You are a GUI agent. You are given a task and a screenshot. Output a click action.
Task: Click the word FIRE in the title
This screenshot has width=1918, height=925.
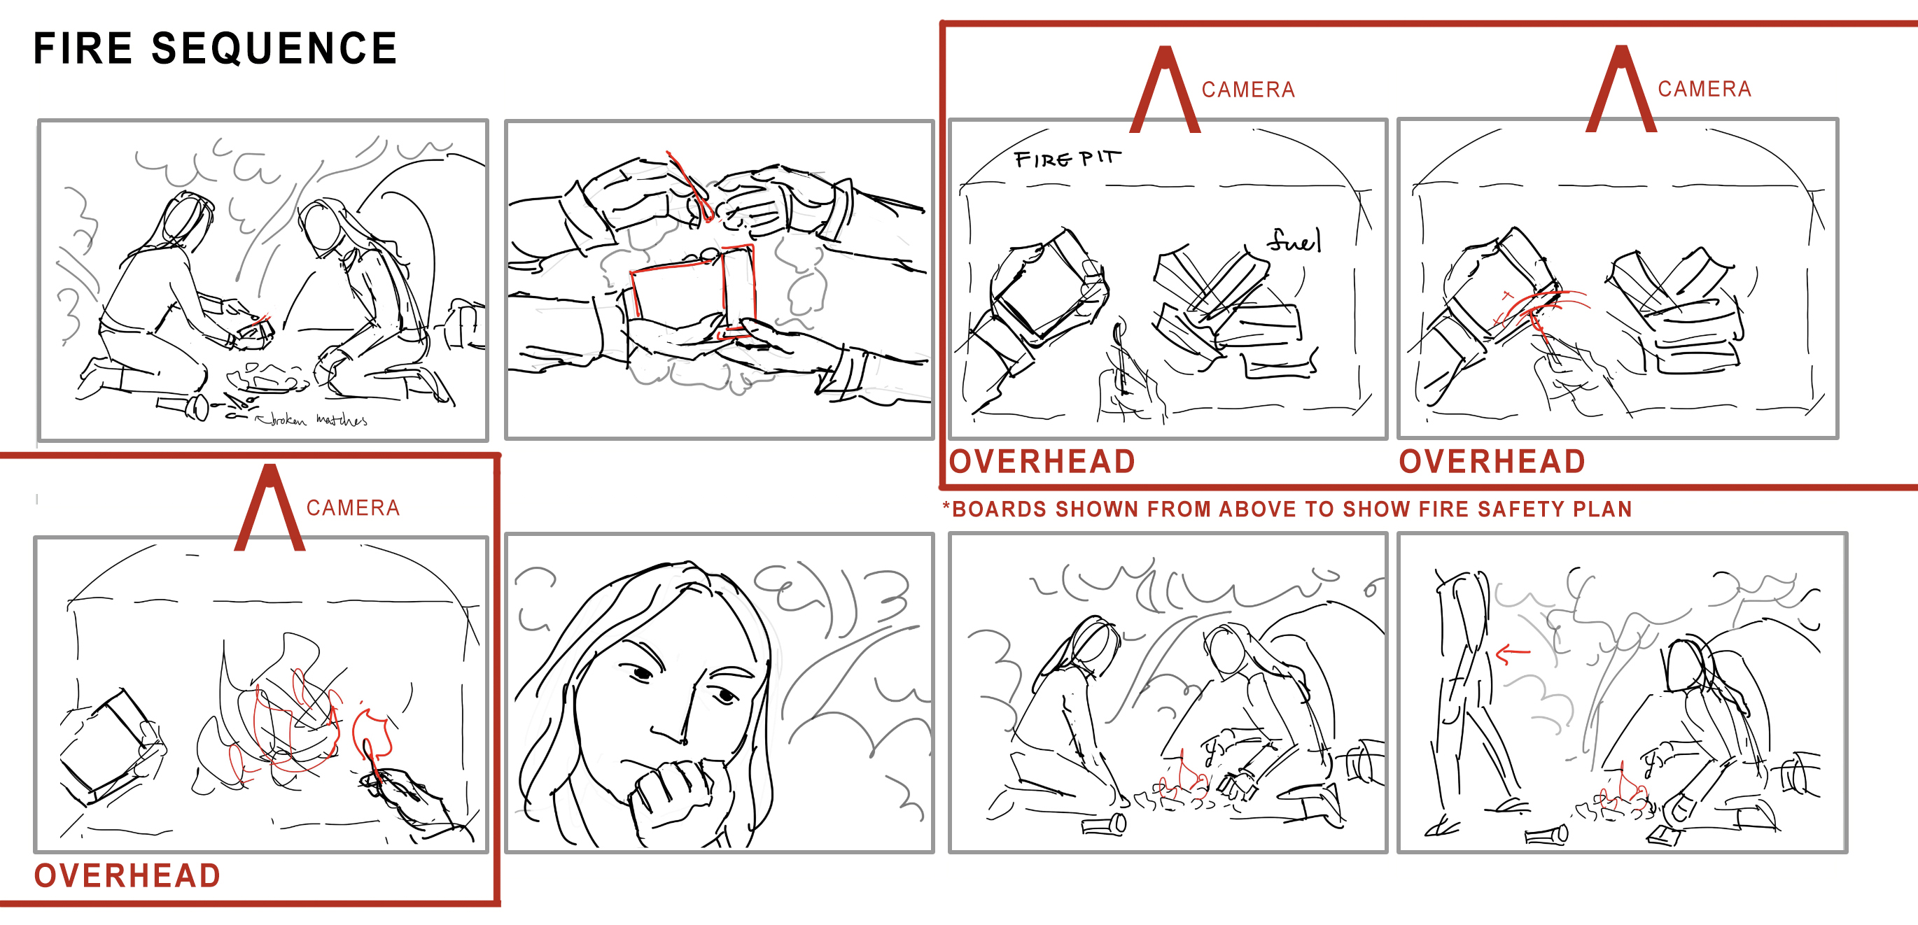(83, 49)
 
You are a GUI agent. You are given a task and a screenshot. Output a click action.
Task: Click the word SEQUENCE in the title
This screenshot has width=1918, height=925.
(274, 49)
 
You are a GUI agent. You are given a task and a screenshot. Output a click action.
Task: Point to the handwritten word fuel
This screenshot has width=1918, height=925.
(1294, 241)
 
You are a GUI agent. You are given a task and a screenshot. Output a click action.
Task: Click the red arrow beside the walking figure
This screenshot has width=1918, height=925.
(1513, 654)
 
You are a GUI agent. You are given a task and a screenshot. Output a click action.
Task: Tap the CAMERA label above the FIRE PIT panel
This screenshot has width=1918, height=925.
(1248, 90)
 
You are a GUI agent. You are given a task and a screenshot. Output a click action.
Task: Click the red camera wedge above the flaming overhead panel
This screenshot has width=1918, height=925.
(269, 508)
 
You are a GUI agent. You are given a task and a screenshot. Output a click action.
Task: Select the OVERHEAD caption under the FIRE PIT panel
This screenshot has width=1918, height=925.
(1042, 461)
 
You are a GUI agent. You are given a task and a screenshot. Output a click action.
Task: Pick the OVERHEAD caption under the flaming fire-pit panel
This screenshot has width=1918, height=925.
(127, 876)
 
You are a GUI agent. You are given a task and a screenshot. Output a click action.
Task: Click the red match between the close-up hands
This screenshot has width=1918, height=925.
(690, 186)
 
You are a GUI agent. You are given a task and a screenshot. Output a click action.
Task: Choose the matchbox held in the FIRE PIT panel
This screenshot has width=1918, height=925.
(1046, 286)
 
